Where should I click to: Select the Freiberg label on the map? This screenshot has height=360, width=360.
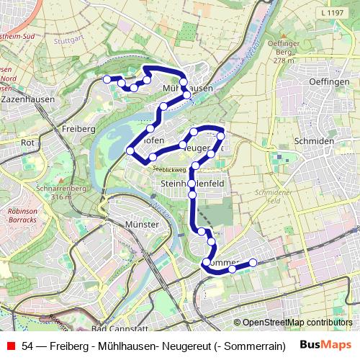click(78, 128)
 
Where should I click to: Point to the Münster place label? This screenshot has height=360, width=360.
click(141, 225)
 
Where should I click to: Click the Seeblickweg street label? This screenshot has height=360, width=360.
click(168, 169)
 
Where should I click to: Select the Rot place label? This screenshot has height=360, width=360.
click(29, 143)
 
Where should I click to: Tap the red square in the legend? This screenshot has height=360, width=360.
click(10, 345)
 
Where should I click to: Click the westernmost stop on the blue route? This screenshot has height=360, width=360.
click(107, 79)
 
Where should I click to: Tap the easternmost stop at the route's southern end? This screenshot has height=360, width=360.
click(253, 263)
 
